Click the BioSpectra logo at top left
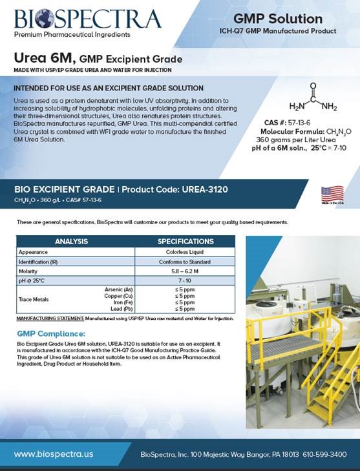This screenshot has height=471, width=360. (87, 19)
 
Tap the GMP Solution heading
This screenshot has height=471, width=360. (277, 19)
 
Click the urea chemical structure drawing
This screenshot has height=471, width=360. (313, 99)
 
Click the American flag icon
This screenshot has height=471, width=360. (332, 193)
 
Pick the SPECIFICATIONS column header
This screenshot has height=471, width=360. (185, 242)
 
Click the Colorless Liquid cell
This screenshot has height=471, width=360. (185, 252)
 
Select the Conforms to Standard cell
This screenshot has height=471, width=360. (185, 262)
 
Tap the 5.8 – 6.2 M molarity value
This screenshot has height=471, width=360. (185, 272)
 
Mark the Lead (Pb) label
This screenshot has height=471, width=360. (122, 309)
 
